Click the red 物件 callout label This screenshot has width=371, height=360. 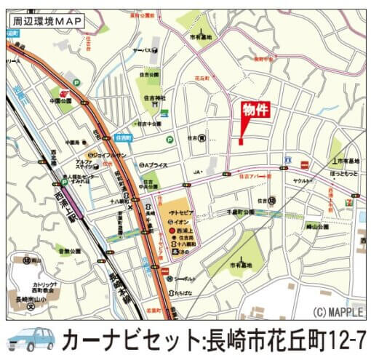tap(256, 111)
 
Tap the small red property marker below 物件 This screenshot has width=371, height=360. tap(239, 141)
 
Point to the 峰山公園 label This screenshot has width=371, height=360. tap(317, 227)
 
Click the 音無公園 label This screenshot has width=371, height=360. tap(70, 251)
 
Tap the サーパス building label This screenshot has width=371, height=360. tap(141, 50)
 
